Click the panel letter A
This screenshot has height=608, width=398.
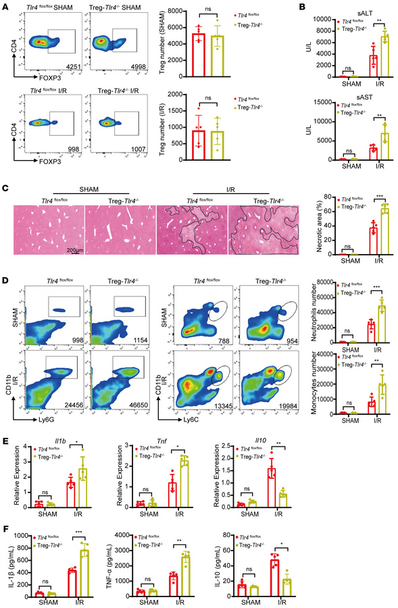(6, 5)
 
